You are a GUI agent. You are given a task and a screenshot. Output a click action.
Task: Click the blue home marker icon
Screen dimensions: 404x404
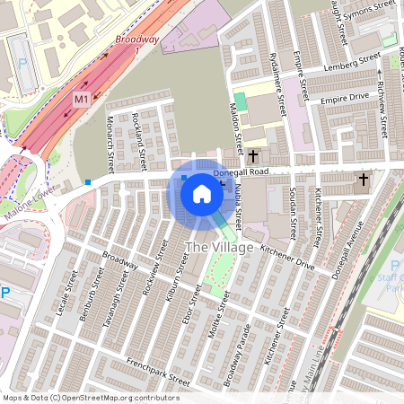(202, 192)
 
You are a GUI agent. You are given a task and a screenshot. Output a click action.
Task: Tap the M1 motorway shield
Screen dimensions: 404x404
(82, 98)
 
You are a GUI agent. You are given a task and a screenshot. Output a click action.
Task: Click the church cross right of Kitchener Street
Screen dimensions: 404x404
(364, 180)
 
